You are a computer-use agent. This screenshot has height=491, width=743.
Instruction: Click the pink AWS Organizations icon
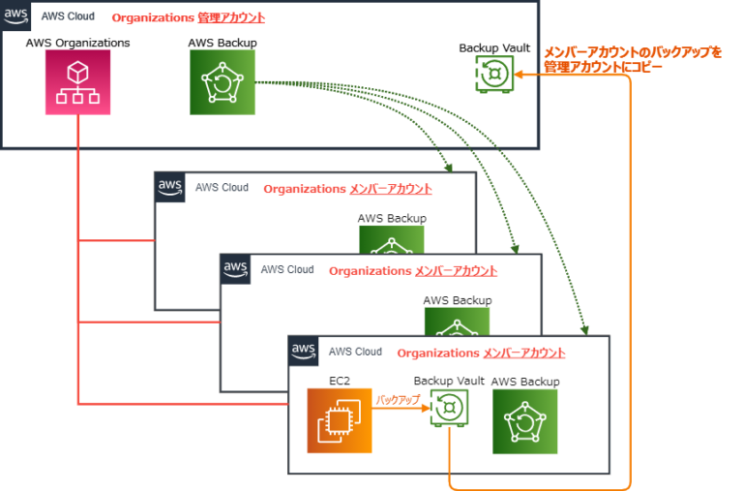(78, 82)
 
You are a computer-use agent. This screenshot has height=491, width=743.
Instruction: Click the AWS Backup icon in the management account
(223, 82)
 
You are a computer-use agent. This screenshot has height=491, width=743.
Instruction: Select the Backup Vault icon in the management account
(493, 74)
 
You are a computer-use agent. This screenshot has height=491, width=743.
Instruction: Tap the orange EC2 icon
(340, 420)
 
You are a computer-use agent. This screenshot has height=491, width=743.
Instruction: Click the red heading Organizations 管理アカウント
(189, 17)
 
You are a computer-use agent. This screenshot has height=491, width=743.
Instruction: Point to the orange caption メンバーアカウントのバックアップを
(633, 52)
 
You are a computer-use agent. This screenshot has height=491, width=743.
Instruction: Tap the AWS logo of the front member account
(304, 351)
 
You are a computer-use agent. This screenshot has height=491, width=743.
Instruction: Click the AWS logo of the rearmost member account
(170, 187)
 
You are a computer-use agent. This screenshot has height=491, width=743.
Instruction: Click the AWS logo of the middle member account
(236, 268)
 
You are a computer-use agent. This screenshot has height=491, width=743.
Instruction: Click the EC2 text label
(340, 381)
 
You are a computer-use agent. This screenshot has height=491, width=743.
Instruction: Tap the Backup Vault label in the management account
(493, 47)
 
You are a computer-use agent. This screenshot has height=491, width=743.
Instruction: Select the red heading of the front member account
(481, 353)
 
